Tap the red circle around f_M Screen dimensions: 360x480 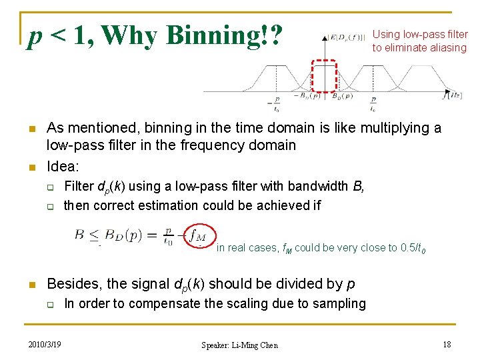click(198, 235)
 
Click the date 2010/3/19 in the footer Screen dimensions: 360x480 click(45, 344)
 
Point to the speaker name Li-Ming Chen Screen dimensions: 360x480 click(240, 345)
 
